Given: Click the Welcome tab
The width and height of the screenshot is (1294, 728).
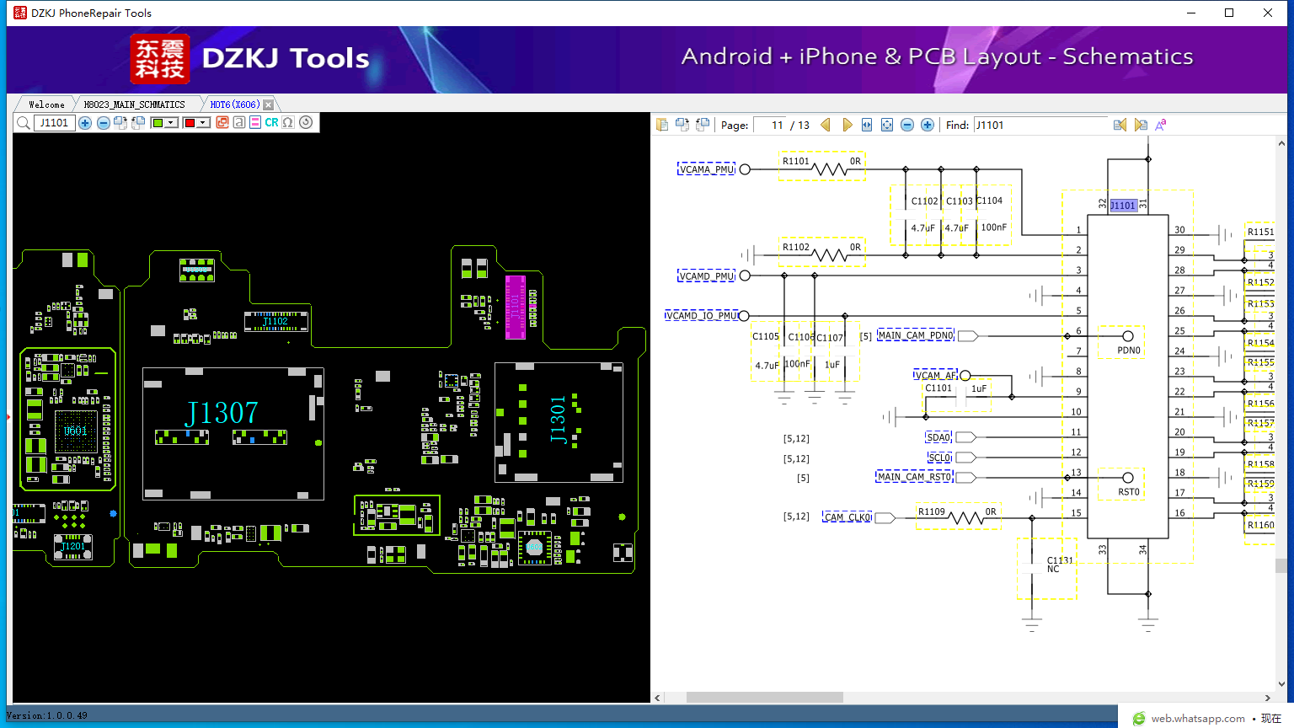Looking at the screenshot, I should click(46, 104).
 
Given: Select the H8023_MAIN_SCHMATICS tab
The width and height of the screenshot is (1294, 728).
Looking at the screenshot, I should click(134, 104).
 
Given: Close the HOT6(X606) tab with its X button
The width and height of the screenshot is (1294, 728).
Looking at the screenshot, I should click(268, 104).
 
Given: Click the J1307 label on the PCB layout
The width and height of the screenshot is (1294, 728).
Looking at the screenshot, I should click(222, 413).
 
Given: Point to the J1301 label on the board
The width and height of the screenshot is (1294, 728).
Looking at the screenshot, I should click(558, 419).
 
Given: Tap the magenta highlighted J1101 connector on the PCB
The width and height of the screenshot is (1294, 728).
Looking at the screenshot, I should click(515, 307).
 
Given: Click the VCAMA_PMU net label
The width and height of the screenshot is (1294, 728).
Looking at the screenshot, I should click(707, 169).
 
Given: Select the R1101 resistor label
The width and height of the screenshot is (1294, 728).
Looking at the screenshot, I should click(795, 161).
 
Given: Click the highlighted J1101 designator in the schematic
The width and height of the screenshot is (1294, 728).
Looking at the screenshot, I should click(1122, 206).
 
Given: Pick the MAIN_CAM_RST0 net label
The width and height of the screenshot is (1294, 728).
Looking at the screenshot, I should click(914, 477).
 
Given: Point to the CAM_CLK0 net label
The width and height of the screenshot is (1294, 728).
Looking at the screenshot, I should click(848, 517).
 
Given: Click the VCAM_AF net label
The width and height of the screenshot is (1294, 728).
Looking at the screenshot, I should click(936, 375).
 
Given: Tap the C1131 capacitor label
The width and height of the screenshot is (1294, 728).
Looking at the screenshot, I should click(1060, 560).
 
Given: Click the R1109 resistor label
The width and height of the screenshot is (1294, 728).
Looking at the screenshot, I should click(931, 511).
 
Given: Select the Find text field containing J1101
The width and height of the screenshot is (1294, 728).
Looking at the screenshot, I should click(1040, 125).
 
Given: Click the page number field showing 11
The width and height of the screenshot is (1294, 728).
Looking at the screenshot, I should click(770, 125).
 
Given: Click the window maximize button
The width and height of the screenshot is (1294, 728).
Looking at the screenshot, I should click(1229, 13).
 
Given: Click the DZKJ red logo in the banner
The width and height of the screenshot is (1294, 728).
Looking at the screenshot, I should click(160, 58).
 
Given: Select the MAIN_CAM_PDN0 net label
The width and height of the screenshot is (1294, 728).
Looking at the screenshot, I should click(916, 335).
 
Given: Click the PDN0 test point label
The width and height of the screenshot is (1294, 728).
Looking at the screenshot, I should click(1129, 351).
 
